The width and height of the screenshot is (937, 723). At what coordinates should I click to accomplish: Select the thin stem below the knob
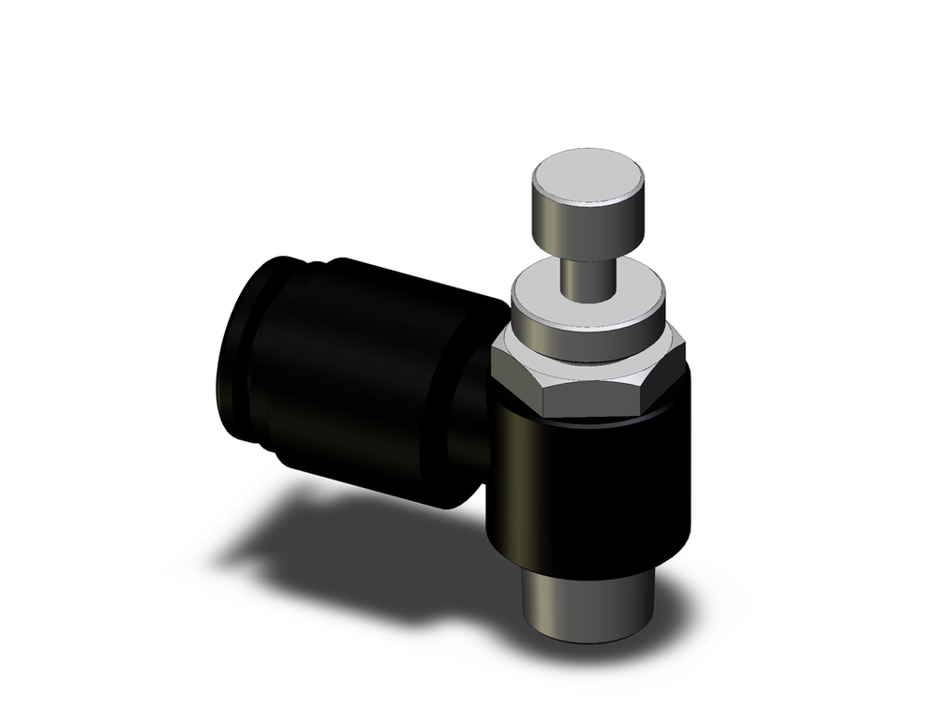coord(587,277)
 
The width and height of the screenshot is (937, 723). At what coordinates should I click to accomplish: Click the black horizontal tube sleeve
coord(375,375)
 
